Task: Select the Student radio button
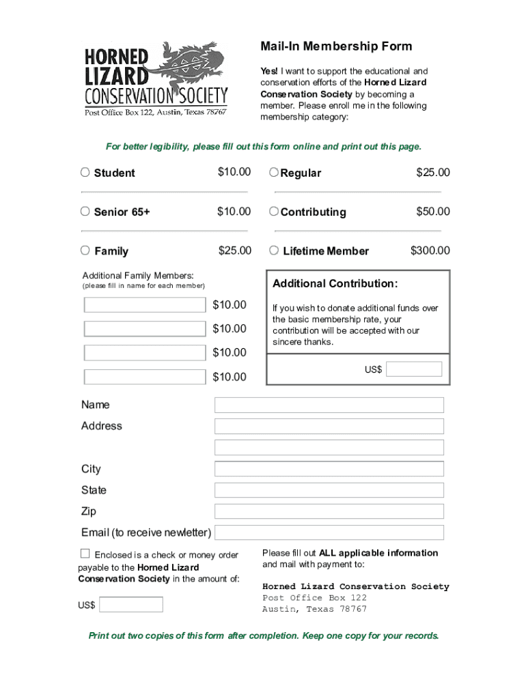tap(85, 173)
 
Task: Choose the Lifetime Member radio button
tap(274, 251)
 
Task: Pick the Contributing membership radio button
tap(274, 212)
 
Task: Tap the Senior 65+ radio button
tap(85, 212)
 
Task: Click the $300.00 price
tap(430, 251)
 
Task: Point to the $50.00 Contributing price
tap(433, 212)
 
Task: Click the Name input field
tap(329, 405)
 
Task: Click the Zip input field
tap(329, 511)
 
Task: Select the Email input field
tap(329, 532)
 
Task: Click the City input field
tap(329, 469)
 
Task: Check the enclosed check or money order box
tap(85, 554)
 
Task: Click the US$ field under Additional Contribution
tap(414, 369)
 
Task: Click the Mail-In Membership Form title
tap(335, 46)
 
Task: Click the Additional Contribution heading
tap(335, 283)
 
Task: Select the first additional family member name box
tap(145, 305)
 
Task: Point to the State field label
tap(94, 490)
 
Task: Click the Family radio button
tap(85, 251)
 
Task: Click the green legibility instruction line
tap(263, 147)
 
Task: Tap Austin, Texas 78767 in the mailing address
tap(314, 609)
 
